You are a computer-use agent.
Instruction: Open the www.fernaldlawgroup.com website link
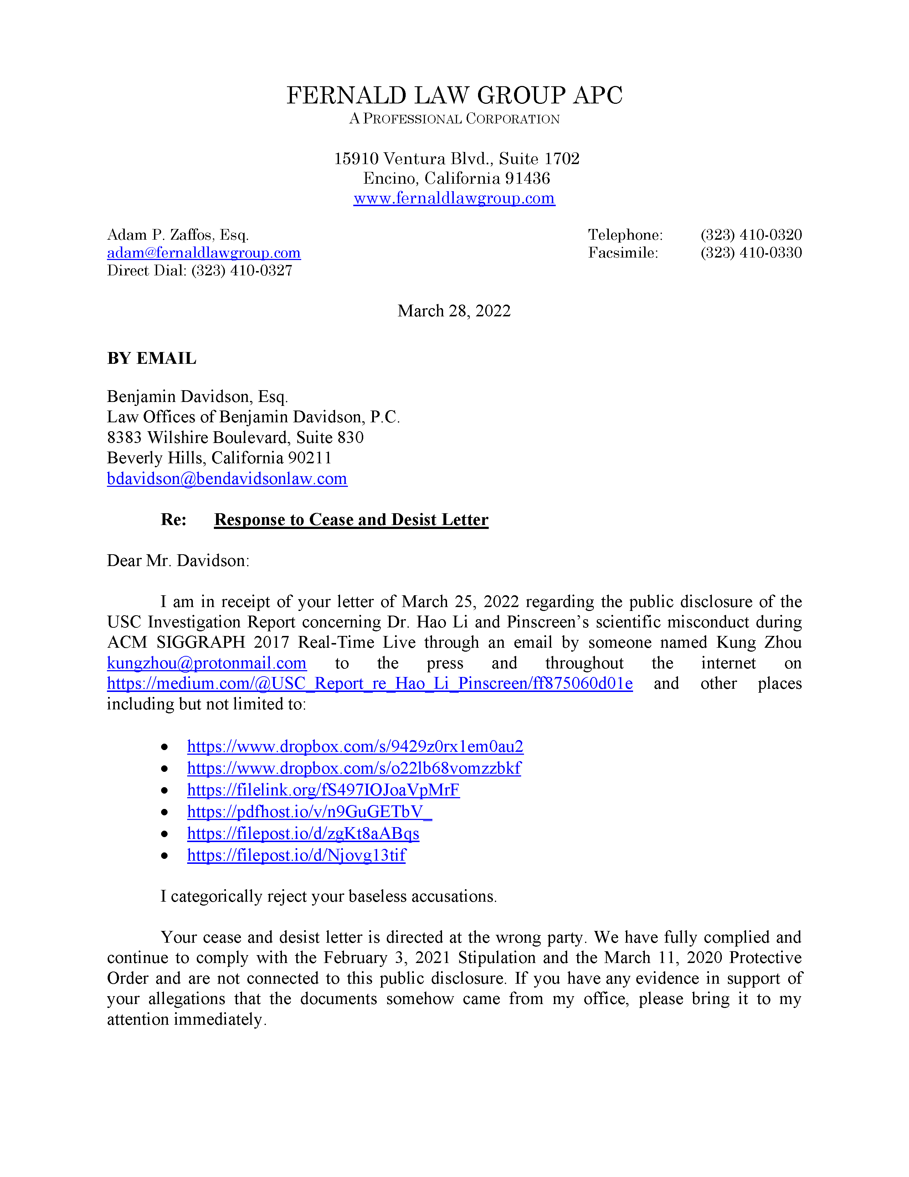(x=454, y=198)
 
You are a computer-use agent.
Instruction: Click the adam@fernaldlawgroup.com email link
(x=204, y=253)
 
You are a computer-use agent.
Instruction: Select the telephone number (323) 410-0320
(x=751, y=235)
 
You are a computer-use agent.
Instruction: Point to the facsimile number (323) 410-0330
(x=751, y=253)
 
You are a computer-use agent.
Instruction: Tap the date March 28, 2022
(x=454, y=311)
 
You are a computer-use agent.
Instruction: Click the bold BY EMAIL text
(x=152, y=358)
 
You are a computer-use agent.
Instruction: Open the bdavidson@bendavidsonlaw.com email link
(x=227, y=479)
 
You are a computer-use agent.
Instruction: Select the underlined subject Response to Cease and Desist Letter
(x=351, y=520)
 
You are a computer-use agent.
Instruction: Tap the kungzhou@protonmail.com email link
(x=207, y=663)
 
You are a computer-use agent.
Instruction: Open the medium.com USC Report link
(x=369, y=683)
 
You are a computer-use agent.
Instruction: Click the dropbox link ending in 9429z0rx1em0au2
(x=355, y=747)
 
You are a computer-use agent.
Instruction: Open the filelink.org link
(x=323, y=790)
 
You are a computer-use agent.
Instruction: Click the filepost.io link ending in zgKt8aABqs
(x=303, y=834)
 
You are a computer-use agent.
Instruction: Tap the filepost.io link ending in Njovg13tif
(x=296, y=855)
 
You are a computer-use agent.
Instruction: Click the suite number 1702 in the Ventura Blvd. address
(x=562, y=159)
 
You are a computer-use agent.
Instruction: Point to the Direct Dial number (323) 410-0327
(x=241, y=271)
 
